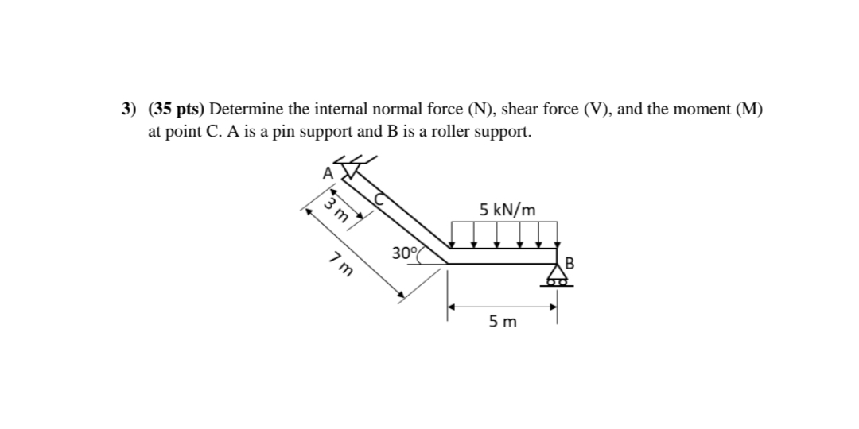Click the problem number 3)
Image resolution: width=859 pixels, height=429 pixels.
pos(127,110)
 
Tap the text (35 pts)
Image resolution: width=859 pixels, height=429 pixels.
pos(177,110)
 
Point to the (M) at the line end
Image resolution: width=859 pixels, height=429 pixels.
pos(748,110)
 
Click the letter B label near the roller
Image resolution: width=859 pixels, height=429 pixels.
pos(569,263)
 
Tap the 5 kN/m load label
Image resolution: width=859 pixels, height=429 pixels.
pos(507,210)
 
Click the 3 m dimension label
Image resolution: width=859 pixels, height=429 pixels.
pos(336,212)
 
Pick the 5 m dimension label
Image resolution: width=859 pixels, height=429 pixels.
pos(503,322)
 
